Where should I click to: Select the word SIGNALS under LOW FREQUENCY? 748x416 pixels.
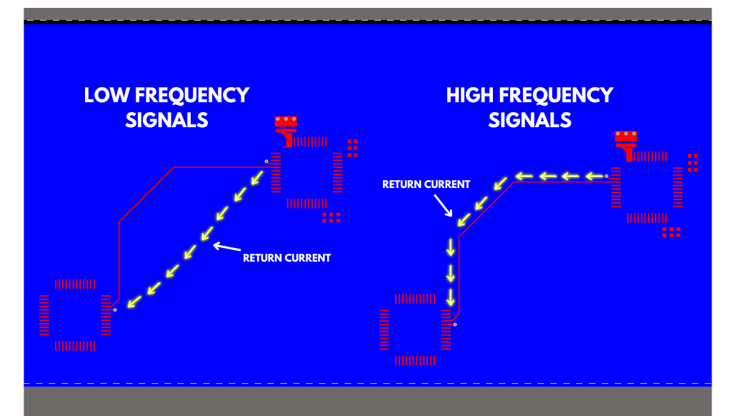(166, 120)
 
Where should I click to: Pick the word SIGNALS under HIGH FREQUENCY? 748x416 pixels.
(529, 120)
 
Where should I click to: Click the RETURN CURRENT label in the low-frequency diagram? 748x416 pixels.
(286, 258)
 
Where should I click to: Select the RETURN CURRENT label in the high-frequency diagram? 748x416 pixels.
(426, 184)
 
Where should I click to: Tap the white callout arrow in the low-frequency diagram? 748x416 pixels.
(227, 248)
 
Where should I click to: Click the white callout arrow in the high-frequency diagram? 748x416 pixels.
(444, 204)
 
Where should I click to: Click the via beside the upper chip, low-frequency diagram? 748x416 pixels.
(266, 162)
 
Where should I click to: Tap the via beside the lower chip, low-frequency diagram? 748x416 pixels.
(115, 309)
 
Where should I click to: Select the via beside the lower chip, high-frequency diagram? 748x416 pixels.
(455, 325)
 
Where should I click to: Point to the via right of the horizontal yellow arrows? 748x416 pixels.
(607, 176)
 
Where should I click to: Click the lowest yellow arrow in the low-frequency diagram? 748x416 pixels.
(131, 302)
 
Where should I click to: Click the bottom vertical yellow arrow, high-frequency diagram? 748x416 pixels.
(450, 297)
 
